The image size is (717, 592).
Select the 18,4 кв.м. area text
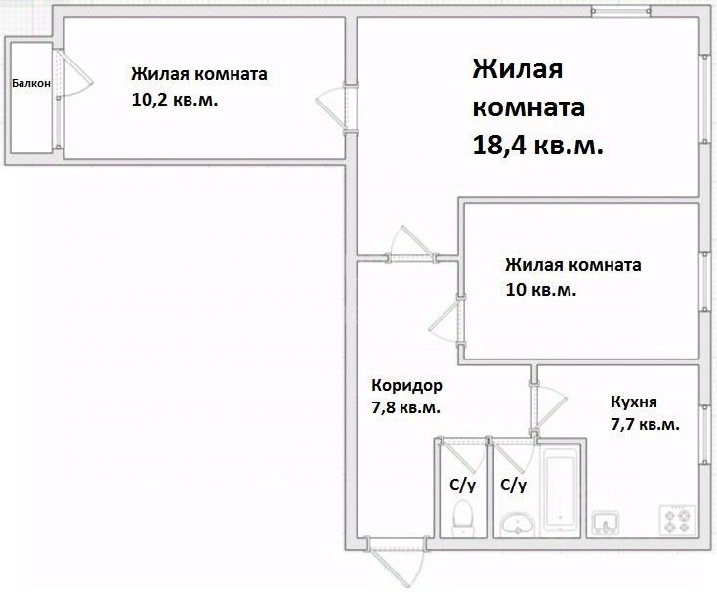coord(536,146)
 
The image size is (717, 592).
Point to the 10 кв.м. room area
coord(540,290)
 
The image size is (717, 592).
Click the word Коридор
coord(401,385)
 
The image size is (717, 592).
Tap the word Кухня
coord(634,402)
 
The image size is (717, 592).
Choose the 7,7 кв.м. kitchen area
coord(645,425)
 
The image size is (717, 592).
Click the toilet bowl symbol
coord(464,516)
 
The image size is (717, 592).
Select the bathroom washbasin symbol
coord(517,525)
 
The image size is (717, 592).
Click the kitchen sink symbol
coord(606,523)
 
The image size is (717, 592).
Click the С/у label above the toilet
coord(462,484)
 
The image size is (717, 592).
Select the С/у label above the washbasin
coord(513,484)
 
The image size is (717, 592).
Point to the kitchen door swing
coord(550,405)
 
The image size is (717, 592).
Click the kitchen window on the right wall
coord(703,430)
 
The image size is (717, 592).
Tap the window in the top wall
coord(620,12)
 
